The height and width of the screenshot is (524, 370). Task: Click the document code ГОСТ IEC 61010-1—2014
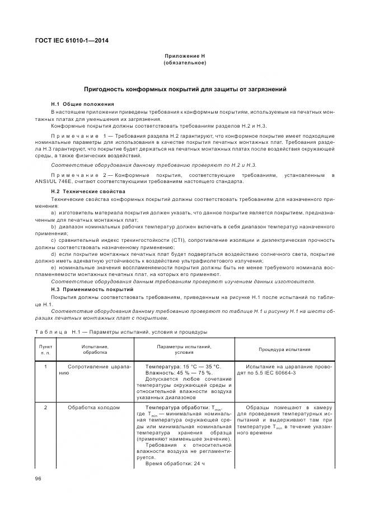(x=73, y=40)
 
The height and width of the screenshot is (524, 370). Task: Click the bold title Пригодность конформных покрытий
(x=185, y=89)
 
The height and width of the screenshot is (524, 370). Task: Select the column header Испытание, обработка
(x=95, y=349)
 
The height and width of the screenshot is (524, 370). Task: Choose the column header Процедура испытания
(x=284, y=349)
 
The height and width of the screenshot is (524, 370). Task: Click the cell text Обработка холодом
(x=93, y=408)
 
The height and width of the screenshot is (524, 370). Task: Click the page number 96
(x=38, y=479)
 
